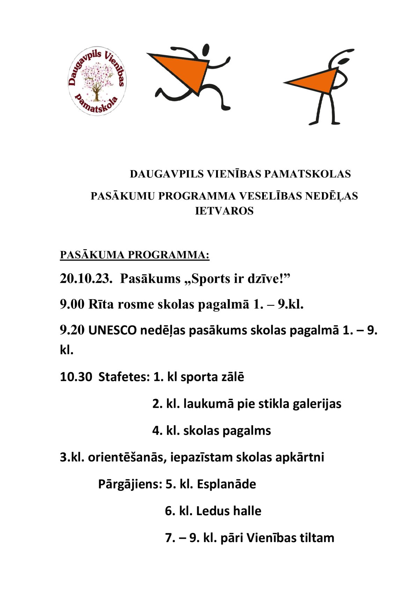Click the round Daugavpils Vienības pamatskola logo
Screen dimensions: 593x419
pos(97,82)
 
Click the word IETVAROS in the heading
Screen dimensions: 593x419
pos(224,211)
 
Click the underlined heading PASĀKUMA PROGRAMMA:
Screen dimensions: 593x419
pos(134,255)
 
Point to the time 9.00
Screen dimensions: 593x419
pos(72,304)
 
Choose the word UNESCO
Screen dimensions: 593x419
pos(112,331)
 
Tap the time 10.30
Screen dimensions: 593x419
pos(76,377)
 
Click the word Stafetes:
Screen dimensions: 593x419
pos(124,377)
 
